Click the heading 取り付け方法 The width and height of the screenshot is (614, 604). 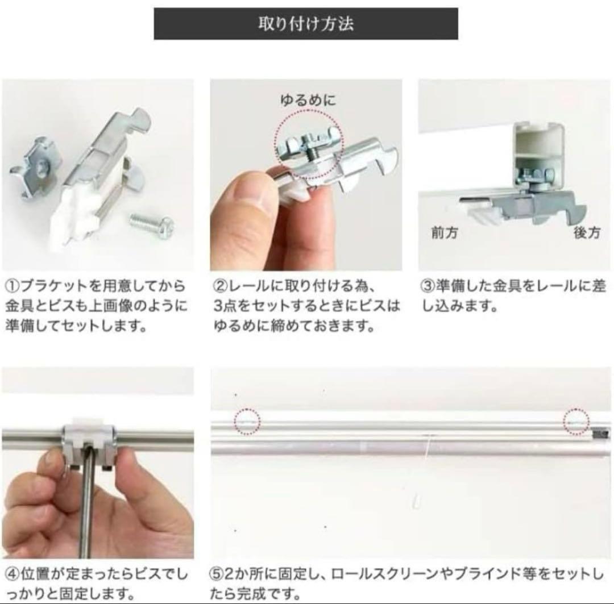coord(306,24)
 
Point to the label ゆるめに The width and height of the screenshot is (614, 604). coord(308,101)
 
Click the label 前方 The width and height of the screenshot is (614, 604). coord(445,232)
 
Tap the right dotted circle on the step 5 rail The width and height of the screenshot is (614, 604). coord(576,422)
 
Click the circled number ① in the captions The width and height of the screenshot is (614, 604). coord(12,286)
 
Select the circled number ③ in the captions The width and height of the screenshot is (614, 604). coord(429,286)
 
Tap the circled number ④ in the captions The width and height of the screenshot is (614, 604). coord(12,574)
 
